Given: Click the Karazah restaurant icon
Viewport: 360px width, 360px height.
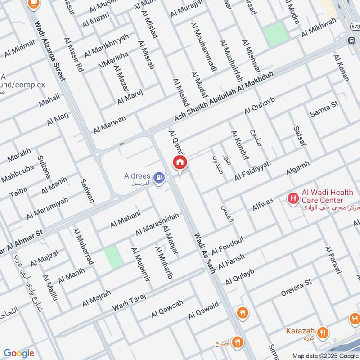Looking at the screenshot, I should (x=322, y=333).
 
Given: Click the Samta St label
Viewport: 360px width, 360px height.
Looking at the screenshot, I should (x=324, y=109).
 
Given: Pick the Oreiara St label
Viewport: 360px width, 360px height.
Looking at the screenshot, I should (x=296, y=287).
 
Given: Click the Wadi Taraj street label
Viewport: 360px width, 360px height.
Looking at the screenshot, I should (x=130, y=300).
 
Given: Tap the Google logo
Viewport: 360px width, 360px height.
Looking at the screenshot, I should (x=19, y=353).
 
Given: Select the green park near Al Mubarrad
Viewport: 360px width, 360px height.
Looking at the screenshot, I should (x=114, y=257).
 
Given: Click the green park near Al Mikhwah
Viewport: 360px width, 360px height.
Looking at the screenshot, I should (x=275, y=33).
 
